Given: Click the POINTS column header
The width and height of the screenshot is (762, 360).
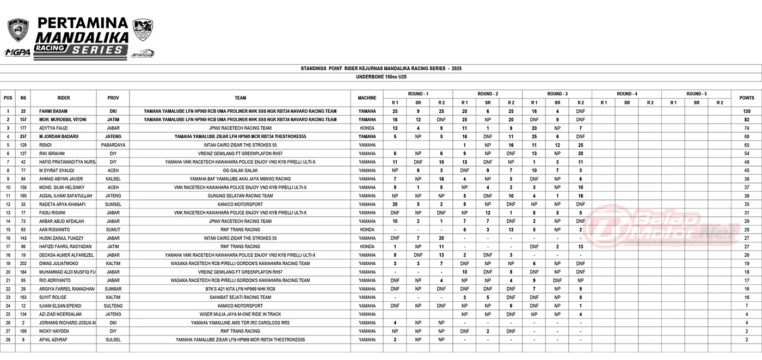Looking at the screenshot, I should point(746,98).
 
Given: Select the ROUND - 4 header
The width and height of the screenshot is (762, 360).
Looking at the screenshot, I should point(626,94).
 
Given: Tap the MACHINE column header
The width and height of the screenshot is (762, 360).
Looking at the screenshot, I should point(367,98).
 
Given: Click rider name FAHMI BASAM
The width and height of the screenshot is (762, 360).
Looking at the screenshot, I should point(53,111).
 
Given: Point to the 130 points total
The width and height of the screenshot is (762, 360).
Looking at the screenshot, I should point(746,111).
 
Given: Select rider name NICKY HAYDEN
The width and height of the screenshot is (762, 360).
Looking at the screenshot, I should point(53,331).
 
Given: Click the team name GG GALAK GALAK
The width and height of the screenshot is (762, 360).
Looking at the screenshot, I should point(240,170).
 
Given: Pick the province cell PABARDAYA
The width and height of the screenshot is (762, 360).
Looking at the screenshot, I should point(113,145).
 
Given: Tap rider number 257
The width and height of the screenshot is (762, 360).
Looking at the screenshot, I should point(23,136).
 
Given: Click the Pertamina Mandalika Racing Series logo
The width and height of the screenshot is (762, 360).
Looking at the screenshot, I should point(82,35).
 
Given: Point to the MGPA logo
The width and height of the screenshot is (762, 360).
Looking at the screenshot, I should point(17,52).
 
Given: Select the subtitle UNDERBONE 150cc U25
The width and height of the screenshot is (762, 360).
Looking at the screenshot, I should point(380,77).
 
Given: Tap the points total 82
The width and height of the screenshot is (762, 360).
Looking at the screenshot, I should point(746,119).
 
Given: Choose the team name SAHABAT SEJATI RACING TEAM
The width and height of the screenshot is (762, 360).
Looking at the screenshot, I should point(240,297).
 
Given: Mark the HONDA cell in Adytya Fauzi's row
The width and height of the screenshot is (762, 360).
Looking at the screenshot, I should point(367,128).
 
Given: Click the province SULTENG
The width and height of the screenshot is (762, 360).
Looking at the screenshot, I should point(113,306).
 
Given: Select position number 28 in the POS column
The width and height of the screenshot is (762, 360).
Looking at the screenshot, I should point(8,340).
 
